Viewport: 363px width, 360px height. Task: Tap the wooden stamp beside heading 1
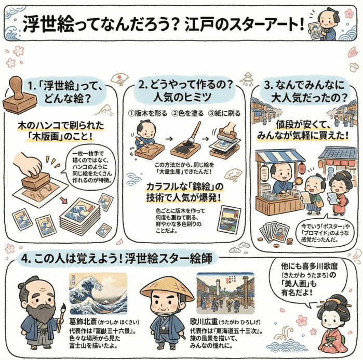pos(19,96)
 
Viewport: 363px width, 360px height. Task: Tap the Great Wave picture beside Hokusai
pos(98,293)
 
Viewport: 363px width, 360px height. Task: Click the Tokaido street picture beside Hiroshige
pos(225,294)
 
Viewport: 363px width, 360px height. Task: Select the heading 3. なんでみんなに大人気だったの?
pos(307,90)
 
